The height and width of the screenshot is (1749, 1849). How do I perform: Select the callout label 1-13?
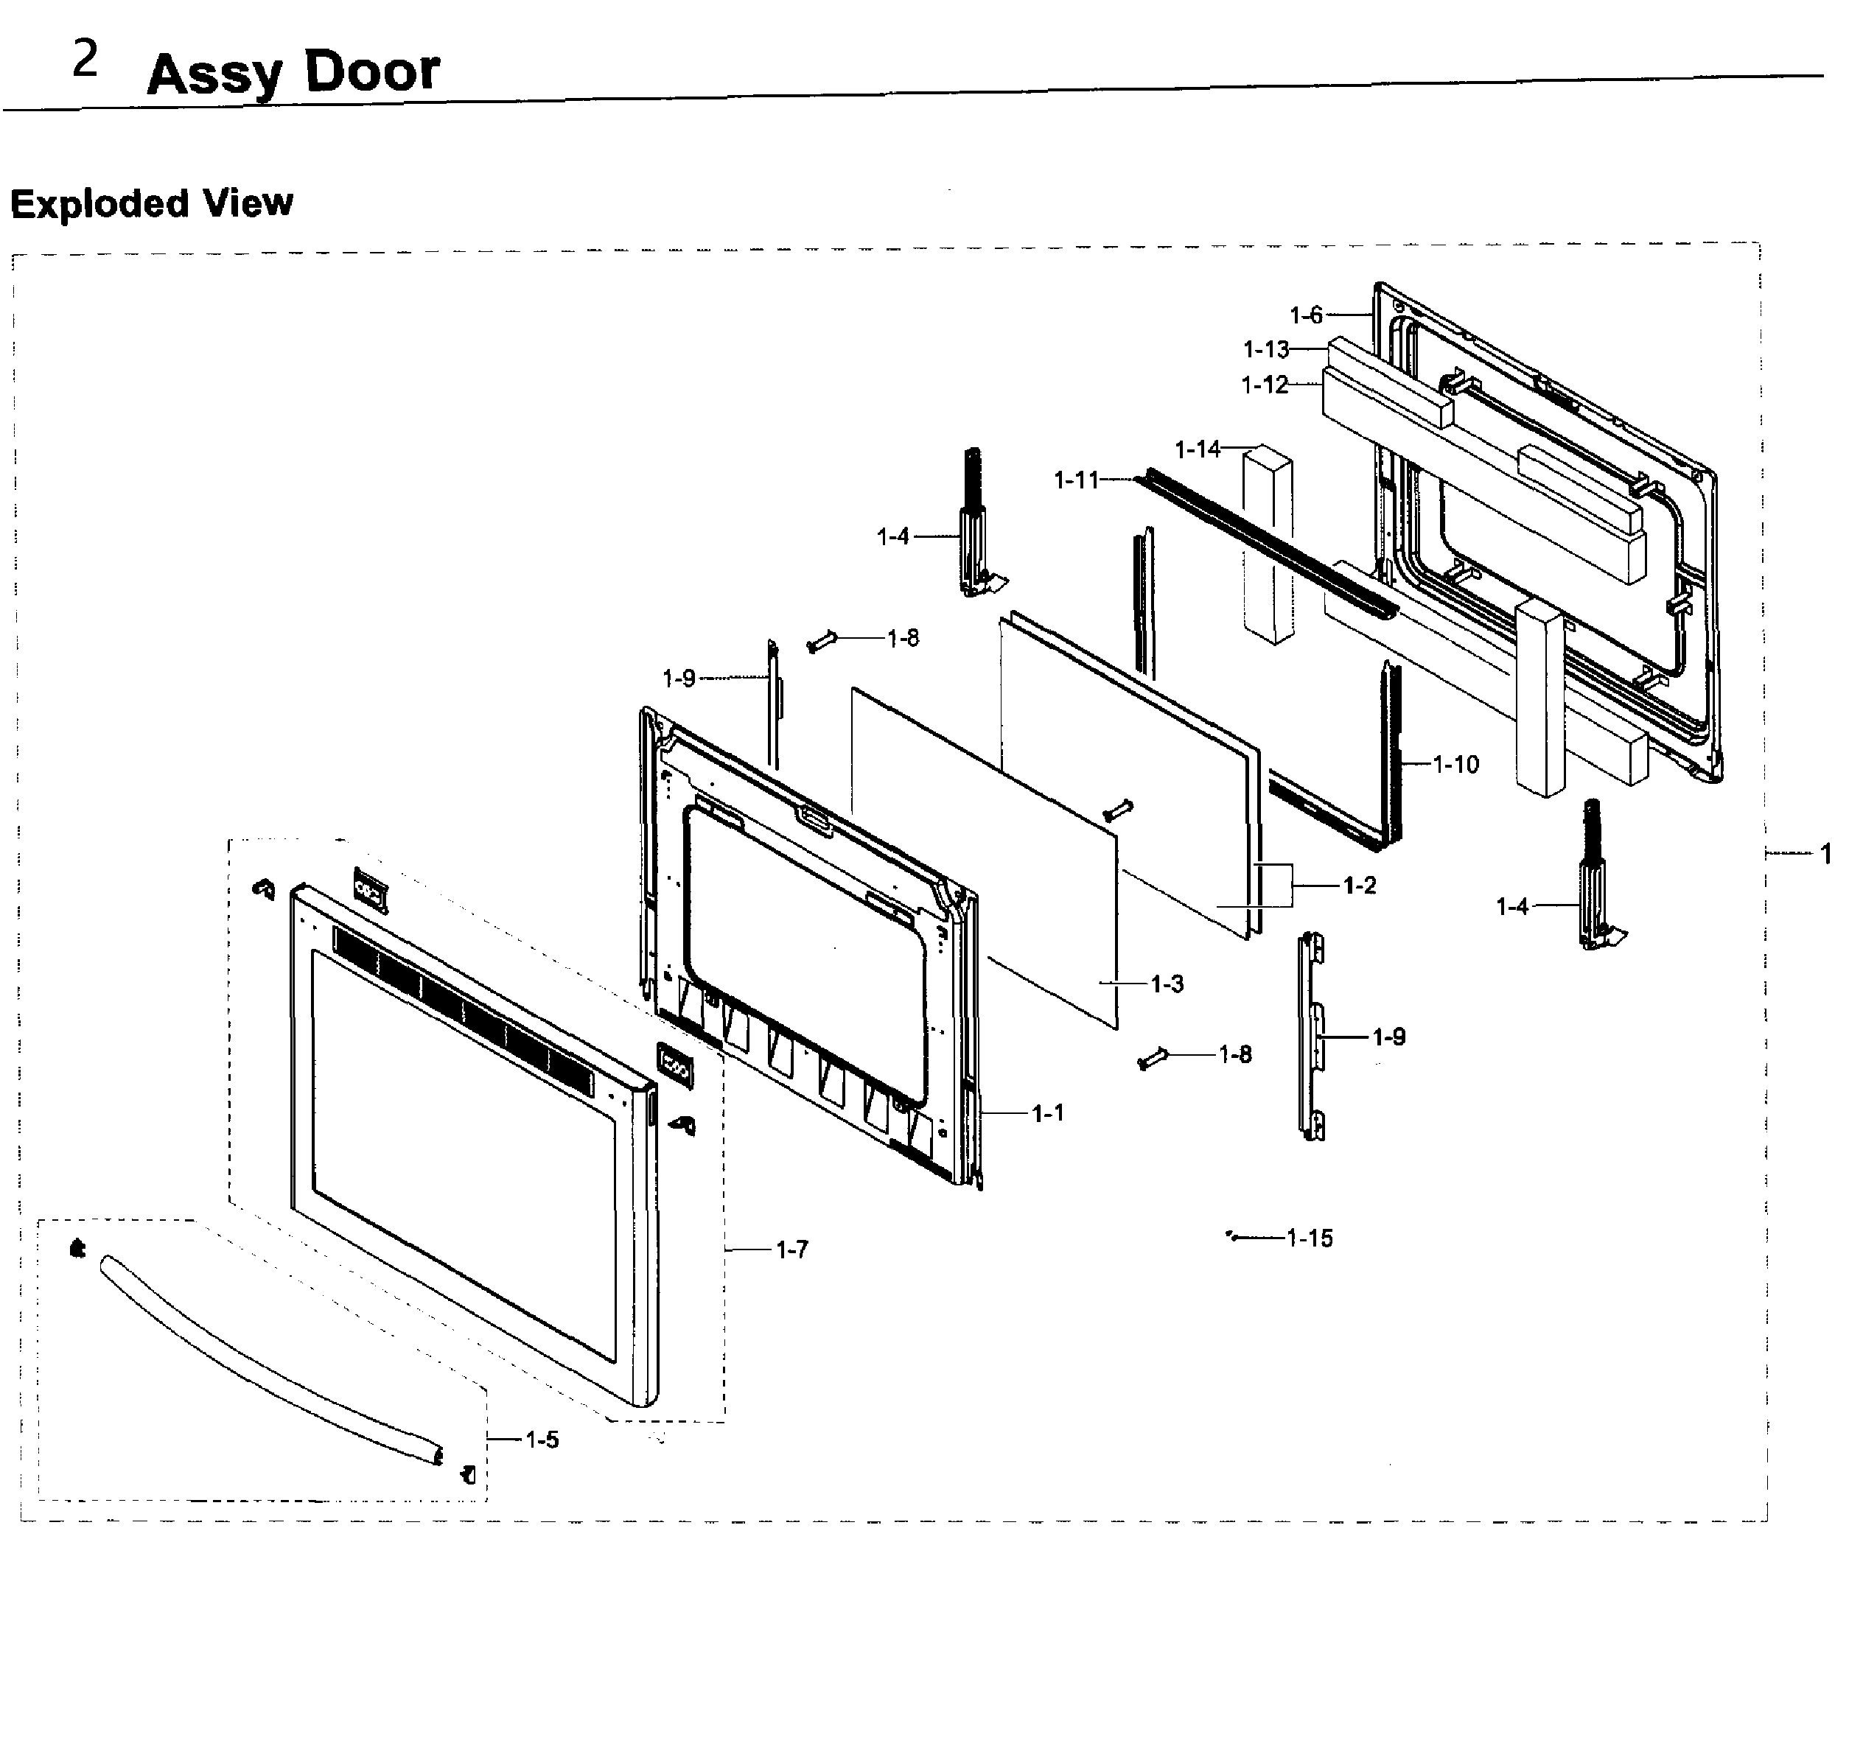(x=1265, y=350)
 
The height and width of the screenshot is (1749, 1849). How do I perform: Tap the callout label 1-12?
(x=1265, y=385)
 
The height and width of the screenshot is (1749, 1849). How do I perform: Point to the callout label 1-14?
(x=1198, y=449)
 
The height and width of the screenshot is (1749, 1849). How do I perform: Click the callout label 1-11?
(x=1076, y=480)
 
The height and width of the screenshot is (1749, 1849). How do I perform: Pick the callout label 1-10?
(x=1455, y=765)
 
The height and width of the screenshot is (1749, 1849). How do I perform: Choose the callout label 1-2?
(x=1360, y=885)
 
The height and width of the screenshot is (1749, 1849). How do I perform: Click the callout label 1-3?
(x=1167, y=984)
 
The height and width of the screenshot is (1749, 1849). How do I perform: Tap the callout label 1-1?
(x=1047, y=1113)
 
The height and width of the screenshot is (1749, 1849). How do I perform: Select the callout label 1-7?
(x=791, y=1249)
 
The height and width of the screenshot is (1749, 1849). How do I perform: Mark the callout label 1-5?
(x=542, y=1440)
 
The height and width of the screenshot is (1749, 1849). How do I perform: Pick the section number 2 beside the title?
(x=85, y=60)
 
